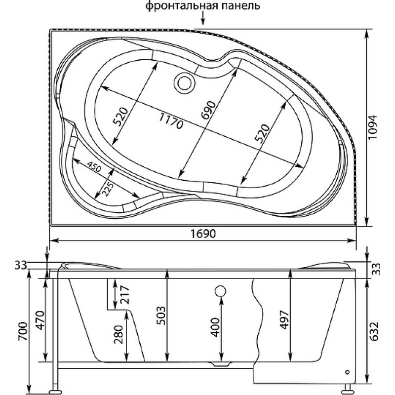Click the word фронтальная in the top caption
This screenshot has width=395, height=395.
click(180, 5)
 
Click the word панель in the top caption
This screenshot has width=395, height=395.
click(239, 5)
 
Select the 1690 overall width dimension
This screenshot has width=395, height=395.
click(203, 234)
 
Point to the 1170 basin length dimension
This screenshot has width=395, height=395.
click(170, 120)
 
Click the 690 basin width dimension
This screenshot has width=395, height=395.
click(208, 110)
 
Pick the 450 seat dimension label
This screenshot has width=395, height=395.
click(94, 166)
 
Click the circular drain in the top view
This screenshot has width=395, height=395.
click(184, 83)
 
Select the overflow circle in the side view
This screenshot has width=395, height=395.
click(220, 291)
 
